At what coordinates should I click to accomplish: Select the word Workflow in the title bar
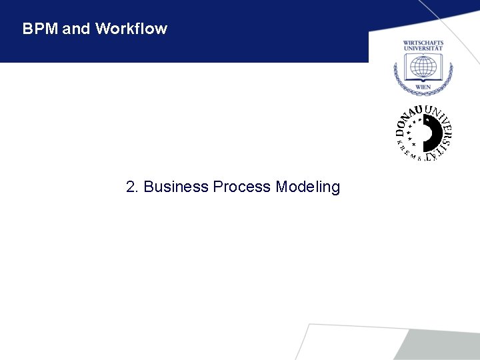pyautogui.click(x=131, y=29)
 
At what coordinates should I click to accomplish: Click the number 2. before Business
pyautogui.click(x=133, y=187)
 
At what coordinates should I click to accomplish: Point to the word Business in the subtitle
pyautogui.click(x=176, y=187)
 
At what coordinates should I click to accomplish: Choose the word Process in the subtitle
pyautogui.click(x=242, y=187)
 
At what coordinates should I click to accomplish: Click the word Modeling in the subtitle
pyautogui.click(x=307, y=187)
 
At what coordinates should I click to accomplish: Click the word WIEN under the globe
pyautogui.click(x=423, y=87)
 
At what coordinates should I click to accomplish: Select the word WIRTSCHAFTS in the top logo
pyautogui.click(x=423, y=43)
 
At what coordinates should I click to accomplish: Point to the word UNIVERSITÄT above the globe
pyautogui.click(x=423, y=49)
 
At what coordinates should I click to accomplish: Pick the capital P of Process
pyautogui.click(x=217, y=187)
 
